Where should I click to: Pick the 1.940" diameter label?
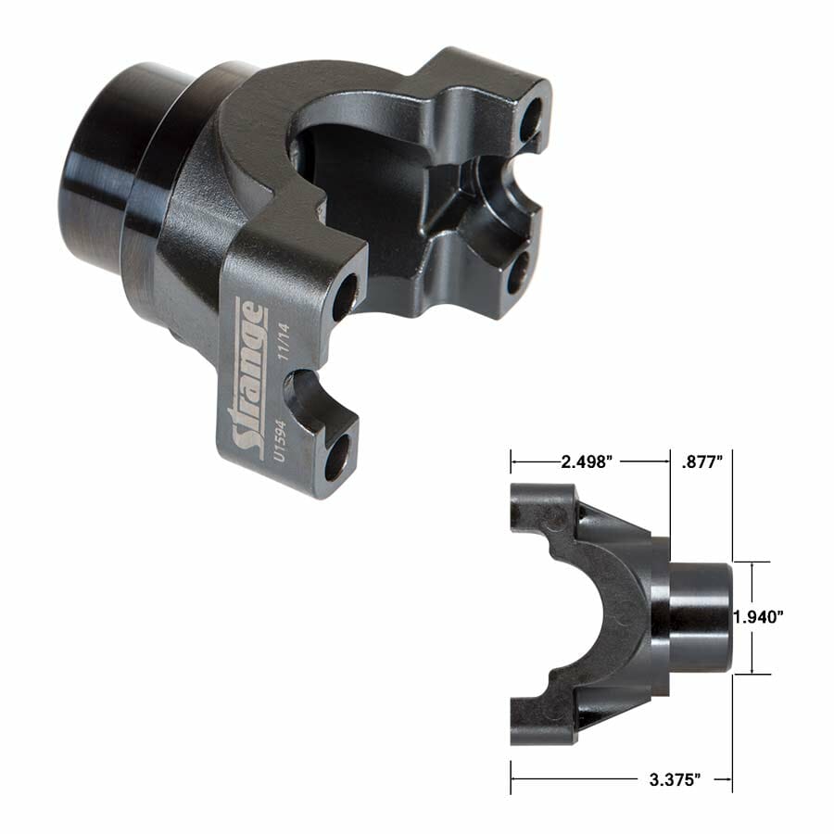tap(757, 617)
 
